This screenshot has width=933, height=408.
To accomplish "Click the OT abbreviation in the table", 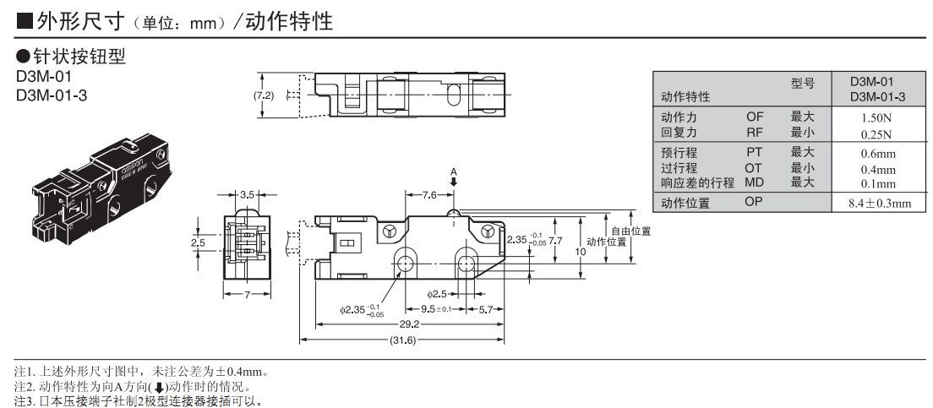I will pyautogui.click(x=753, y=168).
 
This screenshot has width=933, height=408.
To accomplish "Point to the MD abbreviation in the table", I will pyautogui.click(x=754, y=182).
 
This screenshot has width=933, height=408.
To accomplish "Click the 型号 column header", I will pyautogui.click(x=803, y=83).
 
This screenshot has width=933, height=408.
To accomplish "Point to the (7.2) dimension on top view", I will pyautogui.click(x=265, y=96).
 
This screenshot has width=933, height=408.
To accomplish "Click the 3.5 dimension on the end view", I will pyautogui.click(x=247, y=195).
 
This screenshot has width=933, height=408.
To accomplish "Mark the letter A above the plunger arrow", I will pyautogui.click(x=454, y=172).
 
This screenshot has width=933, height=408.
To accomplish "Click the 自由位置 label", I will pyautogui.click(x=630, y=231).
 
